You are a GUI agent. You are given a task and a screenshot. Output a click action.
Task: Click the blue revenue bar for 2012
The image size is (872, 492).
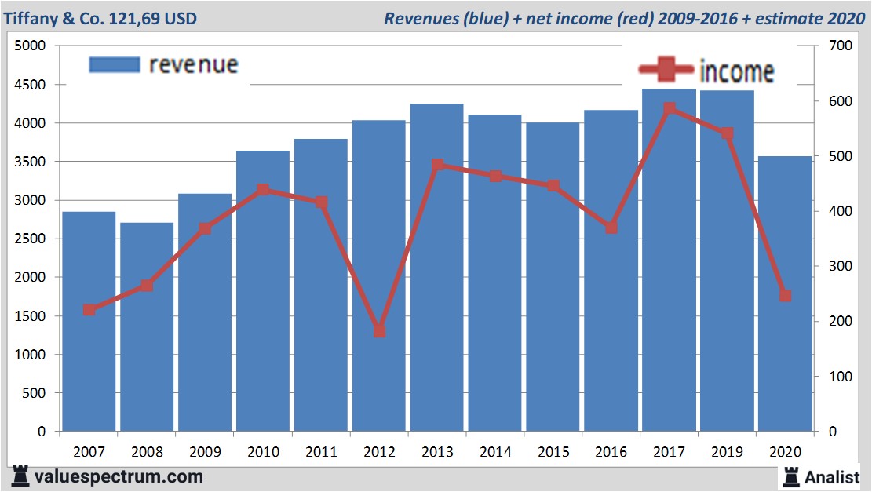pyautogui.click(x=378, y=275)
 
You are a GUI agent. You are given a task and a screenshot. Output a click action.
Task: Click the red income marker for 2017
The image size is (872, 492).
pyautogui.click(x=669, y=109)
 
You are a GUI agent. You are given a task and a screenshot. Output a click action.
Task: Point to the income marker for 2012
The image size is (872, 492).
pyautogui.click(x=379, y=331)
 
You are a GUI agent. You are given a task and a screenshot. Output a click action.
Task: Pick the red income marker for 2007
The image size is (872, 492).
pyautogui.click(x=89, y=310)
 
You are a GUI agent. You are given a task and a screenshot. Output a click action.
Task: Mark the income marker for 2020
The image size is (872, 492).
pyautogui.click(x=785, y=296)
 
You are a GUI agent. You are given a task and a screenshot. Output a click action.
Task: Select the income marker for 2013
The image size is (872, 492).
pyautogui.click(x=437, y=165)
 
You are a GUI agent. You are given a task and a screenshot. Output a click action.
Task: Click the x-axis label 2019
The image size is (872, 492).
pyautogui.click(x=727, y=452)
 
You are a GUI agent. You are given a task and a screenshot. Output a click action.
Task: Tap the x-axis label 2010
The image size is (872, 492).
pyautogui.click(x=263, y=452)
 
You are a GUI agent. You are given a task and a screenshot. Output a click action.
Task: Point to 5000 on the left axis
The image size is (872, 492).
pyautogui.click(x=31, y=46)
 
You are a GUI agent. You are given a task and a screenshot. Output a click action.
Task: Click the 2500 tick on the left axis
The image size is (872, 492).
pyautogui.click(x=31, y=239)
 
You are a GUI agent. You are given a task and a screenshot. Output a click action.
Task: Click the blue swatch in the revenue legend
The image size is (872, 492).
pyautogui.click(x=115, y=64)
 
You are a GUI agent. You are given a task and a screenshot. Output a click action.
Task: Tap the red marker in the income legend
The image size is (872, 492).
pyautogui.click(x=666, y=71)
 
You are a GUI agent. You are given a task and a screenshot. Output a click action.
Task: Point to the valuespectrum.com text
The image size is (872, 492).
pyautogui.click(x=119, y=476)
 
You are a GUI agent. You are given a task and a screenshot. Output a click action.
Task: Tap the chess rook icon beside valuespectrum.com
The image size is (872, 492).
pyautogui.click(x=20, y=476)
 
